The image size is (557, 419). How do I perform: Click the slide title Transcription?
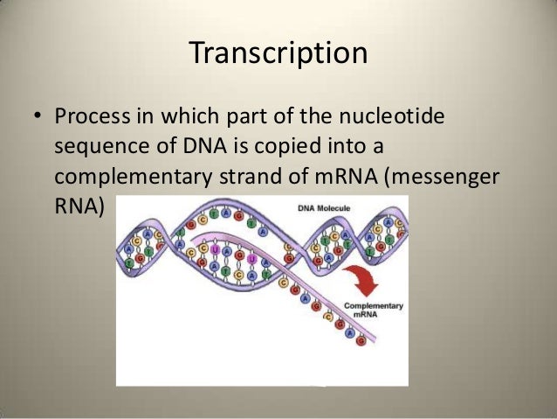click(x=278, y=52)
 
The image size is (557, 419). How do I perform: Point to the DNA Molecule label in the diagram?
click(x=350, y=208)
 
